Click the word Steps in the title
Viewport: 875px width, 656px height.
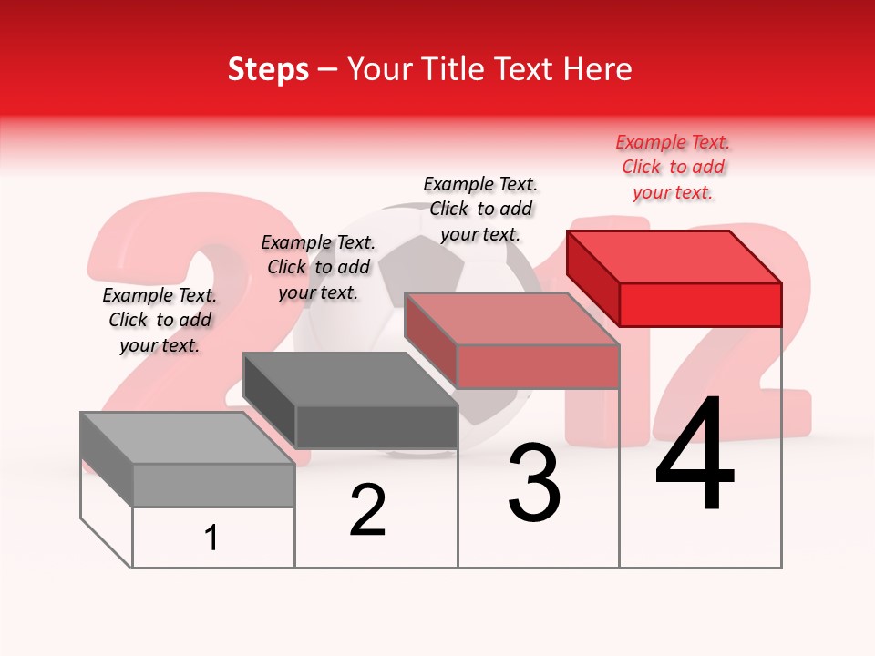pos(268,69)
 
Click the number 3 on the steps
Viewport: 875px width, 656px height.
pos(534,483)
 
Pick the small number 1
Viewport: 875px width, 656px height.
pos(211,538)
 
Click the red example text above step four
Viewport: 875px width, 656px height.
pos(673,168)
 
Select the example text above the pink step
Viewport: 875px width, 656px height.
pos(480,209)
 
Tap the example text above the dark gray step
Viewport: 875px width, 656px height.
pos(318,267)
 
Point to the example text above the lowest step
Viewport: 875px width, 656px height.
pos(160,321)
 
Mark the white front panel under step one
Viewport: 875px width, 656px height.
pos(213,538)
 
